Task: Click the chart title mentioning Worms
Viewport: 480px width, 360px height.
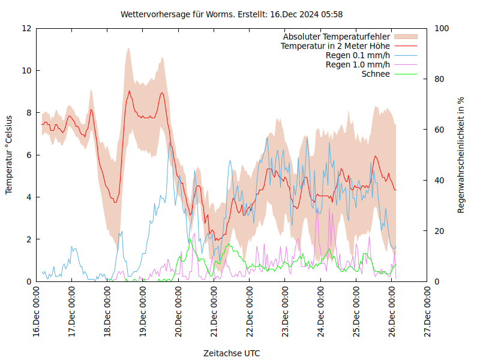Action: click(x=232, y=14)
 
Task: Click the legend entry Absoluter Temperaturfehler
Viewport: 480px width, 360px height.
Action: click(x=337, y=37)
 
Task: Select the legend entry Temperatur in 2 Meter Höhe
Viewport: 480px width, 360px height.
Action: click(x=335, y=46)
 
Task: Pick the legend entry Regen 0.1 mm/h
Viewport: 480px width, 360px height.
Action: click(x=358, y=55)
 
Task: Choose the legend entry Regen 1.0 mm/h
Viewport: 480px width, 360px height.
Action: click(x=358, y=65)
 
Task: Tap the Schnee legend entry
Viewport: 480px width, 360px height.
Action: click(x=376, y=74)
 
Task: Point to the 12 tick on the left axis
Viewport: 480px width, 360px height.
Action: click(x=26, y=28)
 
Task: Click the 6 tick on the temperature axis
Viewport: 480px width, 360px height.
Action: click(x=29, y=155)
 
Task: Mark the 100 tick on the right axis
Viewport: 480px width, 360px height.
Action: click(x=443, y=28)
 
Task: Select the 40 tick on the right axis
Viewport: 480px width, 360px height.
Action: click(x=440, y=181)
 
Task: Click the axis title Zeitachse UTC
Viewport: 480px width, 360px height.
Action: click(x=232, y=353)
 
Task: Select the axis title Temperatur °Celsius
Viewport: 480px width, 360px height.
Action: click(x=9, y=155)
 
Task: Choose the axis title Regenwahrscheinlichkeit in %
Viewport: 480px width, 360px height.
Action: click(x=461, y=155)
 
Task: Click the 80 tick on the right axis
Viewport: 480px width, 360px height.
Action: click(x=440, y=79)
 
